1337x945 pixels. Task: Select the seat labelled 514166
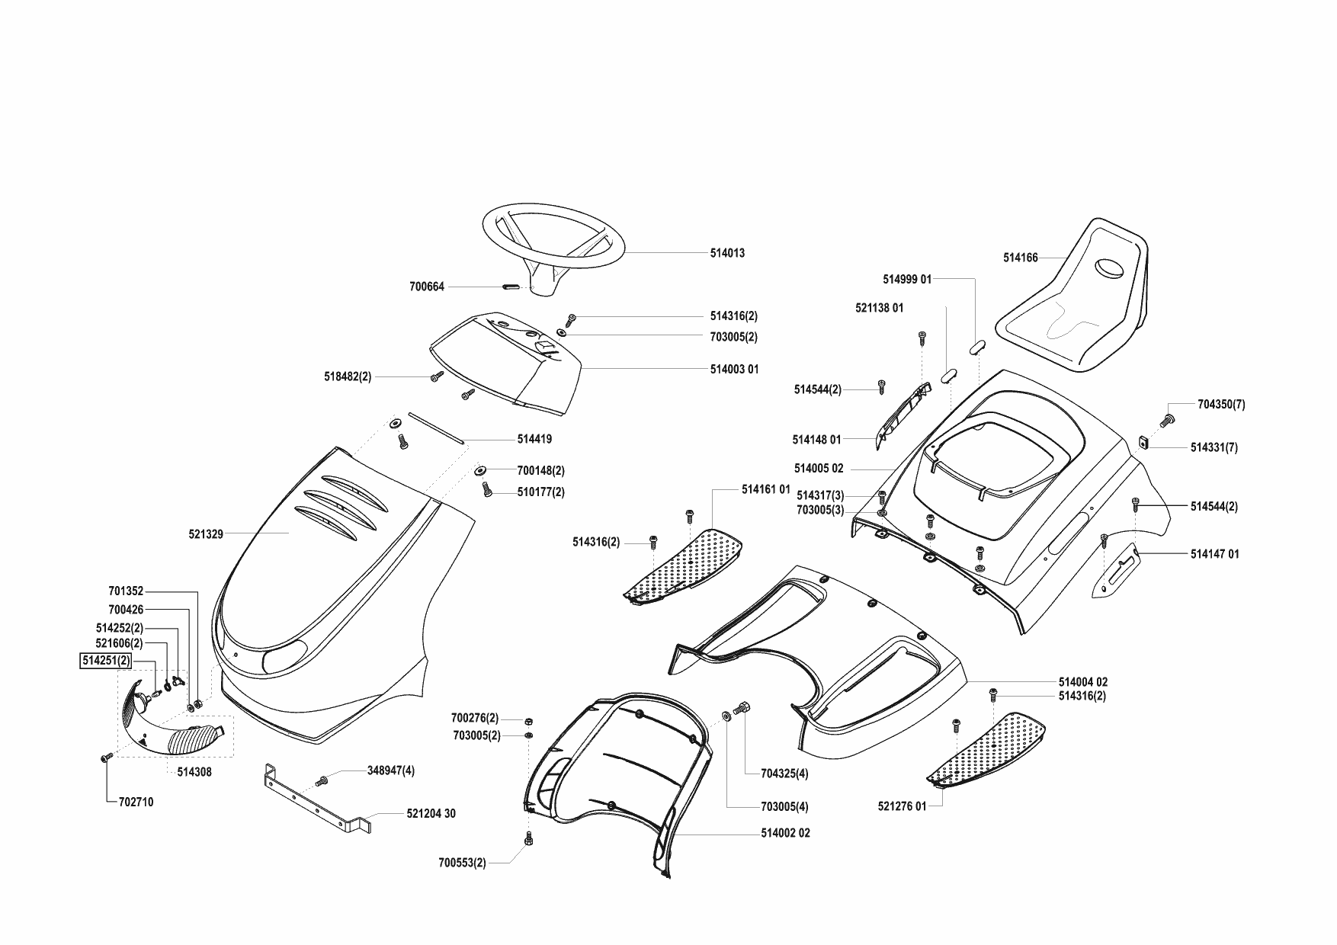tap(1082, 305)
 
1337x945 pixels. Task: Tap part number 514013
tap(727, 253)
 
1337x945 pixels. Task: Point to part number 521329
tap(206, 534)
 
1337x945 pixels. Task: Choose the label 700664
tap(427, 287)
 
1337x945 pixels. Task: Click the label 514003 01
tap(734, 370)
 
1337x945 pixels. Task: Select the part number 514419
tap(534, 439)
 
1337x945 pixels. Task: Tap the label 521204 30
tap(431, 814)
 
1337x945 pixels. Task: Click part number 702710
tap(136, 802)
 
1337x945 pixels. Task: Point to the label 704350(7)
tap(1221, 405)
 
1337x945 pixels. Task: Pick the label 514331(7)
tap(1214, 448)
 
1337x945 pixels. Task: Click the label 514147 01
tap(1214, 554)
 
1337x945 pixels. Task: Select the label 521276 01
tap(902, 806)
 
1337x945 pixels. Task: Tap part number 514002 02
tap(785, 833)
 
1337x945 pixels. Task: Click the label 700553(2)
tap(462, 863)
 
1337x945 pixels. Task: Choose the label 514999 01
tap(907, 280)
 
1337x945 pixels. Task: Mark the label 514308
tap(194, 772)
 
